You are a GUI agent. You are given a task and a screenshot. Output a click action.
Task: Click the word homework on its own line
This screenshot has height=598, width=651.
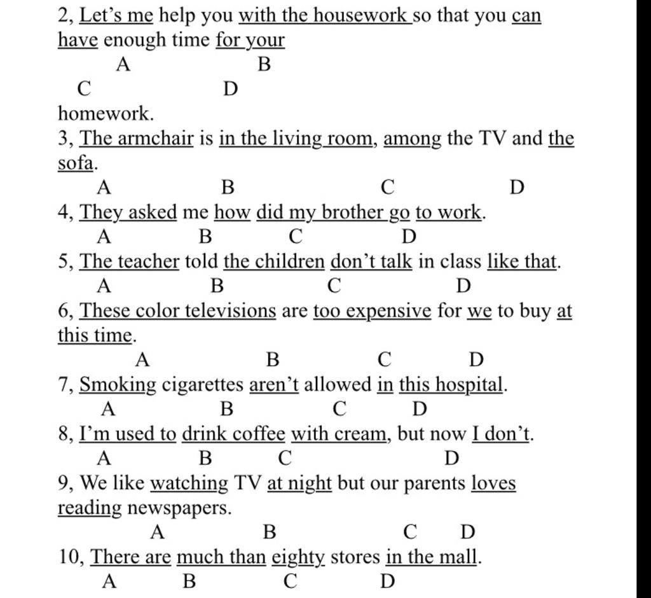pos(106,114)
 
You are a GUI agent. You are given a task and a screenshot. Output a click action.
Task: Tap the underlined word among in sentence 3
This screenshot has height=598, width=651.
pos(413,138)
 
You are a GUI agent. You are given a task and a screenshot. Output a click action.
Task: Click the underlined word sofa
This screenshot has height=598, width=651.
pos(76,163)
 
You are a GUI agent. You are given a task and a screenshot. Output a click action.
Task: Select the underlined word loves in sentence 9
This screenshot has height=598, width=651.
pos(493,483)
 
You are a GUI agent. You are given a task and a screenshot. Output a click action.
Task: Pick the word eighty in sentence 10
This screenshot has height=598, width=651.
pos(298,557)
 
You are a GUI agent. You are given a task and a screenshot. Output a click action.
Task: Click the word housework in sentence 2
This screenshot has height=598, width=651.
pos(366,14)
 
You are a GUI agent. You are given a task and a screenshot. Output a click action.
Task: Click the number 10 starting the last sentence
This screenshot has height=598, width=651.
pos(70,557)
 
